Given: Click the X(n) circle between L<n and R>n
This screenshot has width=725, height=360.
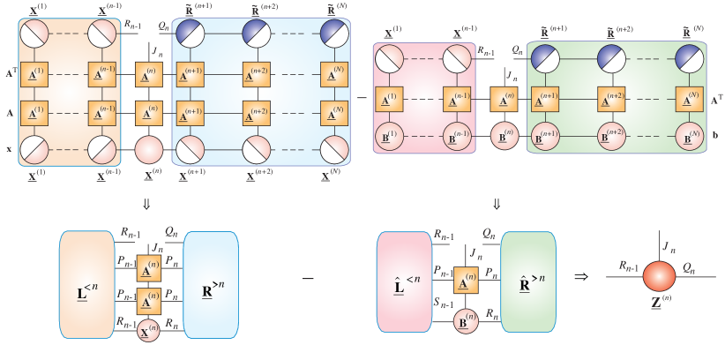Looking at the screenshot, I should pos(149,333).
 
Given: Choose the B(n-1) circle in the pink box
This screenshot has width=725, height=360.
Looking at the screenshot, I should pos(458,135).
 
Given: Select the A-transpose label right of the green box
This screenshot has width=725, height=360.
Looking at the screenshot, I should pos(715,100).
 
